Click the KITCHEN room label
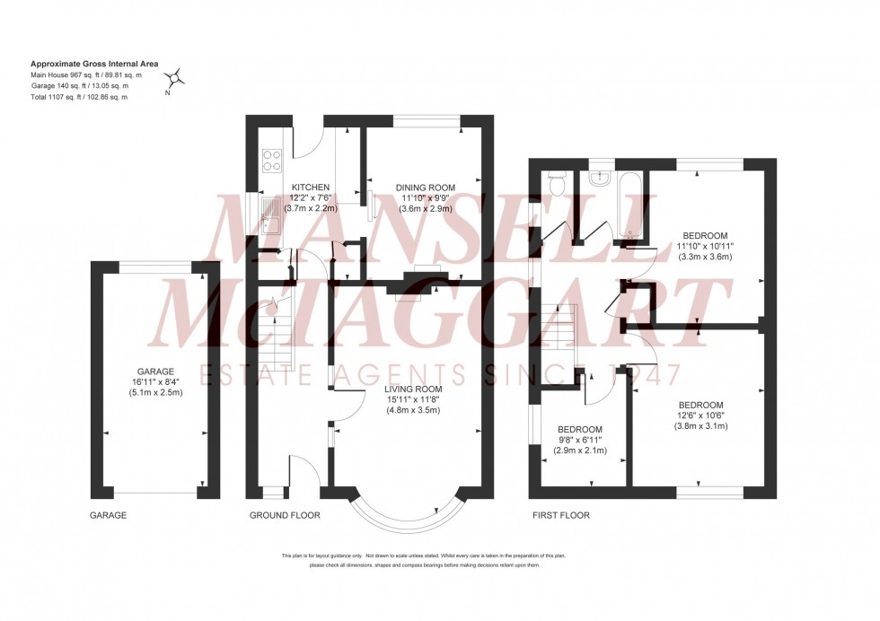pyautogui.click(x=311, y=188)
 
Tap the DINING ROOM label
pyautogui.click(x=426, y=188)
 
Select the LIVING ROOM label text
pyautogui.click(x=412, y=389)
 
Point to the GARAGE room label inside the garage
pyautogui.click(x=155, y=372)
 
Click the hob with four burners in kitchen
pyautogui.click(x=271, y=159)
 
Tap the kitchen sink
pyautogui.click(x=272, y=216)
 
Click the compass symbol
pyautogui.click(x=177, y=77)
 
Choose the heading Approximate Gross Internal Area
pyautogui.click(x=94, y=64)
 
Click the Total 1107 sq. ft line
pyautogui.click(x=79, y=97)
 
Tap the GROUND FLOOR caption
pyautogui.click(x=285, y=515)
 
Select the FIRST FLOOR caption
pyautogui.click(x=560, y=515)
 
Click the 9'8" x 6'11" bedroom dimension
pyautogui.click(x=580, y=440)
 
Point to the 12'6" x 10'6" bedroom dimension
pyautogui.click(x=701, y=415)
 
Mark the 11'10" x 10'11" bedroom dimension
pyautogui.click(x=705, y=246)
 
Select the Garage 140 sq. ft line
pyautogui.click(x=80, y=86)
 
